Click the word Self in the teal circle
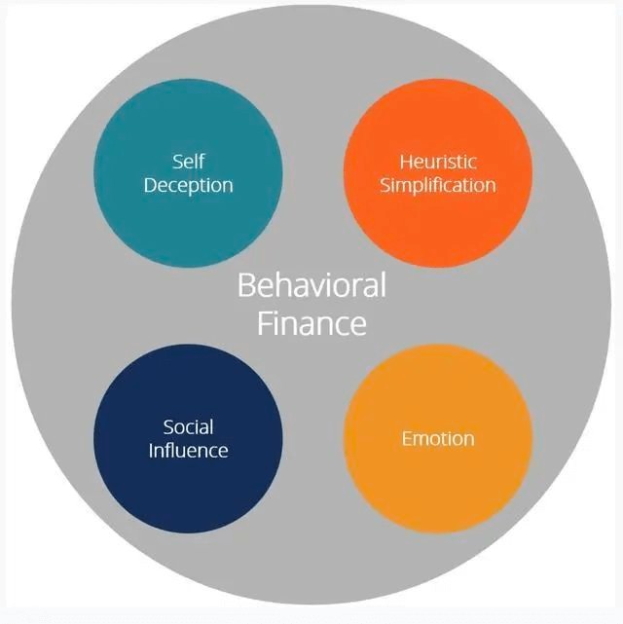click(x=188, y=162)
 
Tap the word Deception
click(x=188, y=186)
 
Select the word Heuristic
click(x=438, y=162)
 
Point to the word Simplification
click(x=438, y=186)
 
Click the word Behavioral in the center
click(x=311, y=284)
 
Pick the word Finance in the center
click(x=311, y=323)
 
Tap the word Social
click(x=188, y=427)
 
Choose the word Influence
click(x=188, y=451)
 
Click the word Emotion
click(x=438, y=438)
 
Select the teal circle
click(x=188, y=173)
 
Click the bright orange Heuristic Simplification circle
click(x=438, y=173)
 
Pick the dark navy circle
click(x=188, y=438)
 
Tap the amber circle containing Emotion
click(x=438, y=438)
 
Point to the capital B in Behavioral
click(x=246, y=285)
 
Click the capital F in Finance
click(x=266, y=323)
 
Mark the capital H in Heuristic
click(x=407, y=163)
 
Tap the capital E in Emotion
click(x=407, y=439)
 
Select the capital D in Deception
click(x=150, y=186)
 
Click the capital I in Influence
click(x=151, y=451)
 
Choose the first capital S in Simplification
click(x=385, y=186)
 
